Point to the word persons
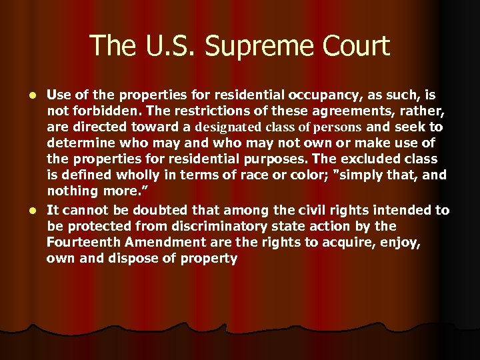pos(337,127)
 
